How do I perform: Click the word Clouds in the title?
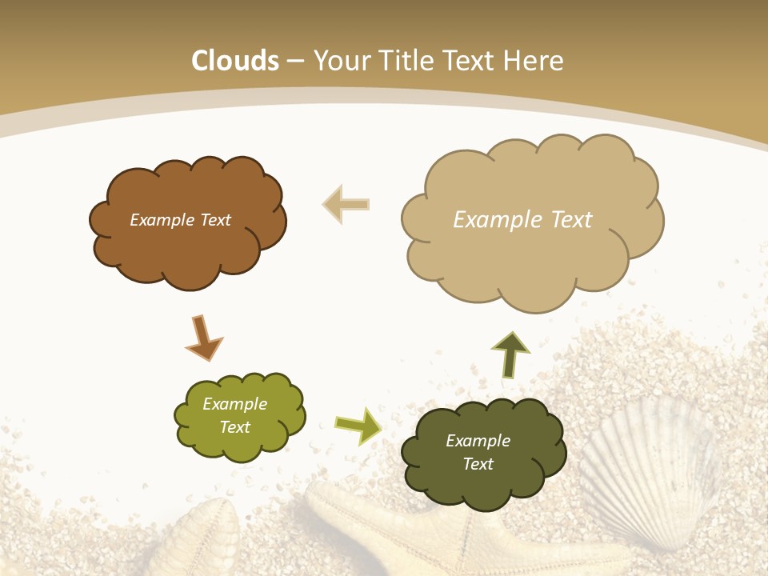(x=235, y=61)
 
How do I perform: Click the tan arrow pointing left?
(x=346, y=204)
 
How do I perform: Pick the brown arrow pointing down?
(x=202, y=338)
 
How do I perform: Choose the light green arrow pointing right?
(x=358, y=425)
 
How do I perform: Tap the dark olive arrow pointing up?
(x=510, y=354)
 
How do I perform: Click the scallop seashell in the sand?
(x=648, y=468)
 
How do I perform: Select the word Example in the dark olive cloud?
(x=478, y=441)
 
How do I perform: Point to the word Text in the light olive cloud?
(x=234, y=427)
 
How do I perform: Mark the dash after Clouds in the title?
(x=294, y=62)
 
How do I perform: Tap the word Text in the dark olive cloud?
(x=478, y=464)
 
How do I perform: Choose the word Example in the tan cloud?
(x=495, y=220)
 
